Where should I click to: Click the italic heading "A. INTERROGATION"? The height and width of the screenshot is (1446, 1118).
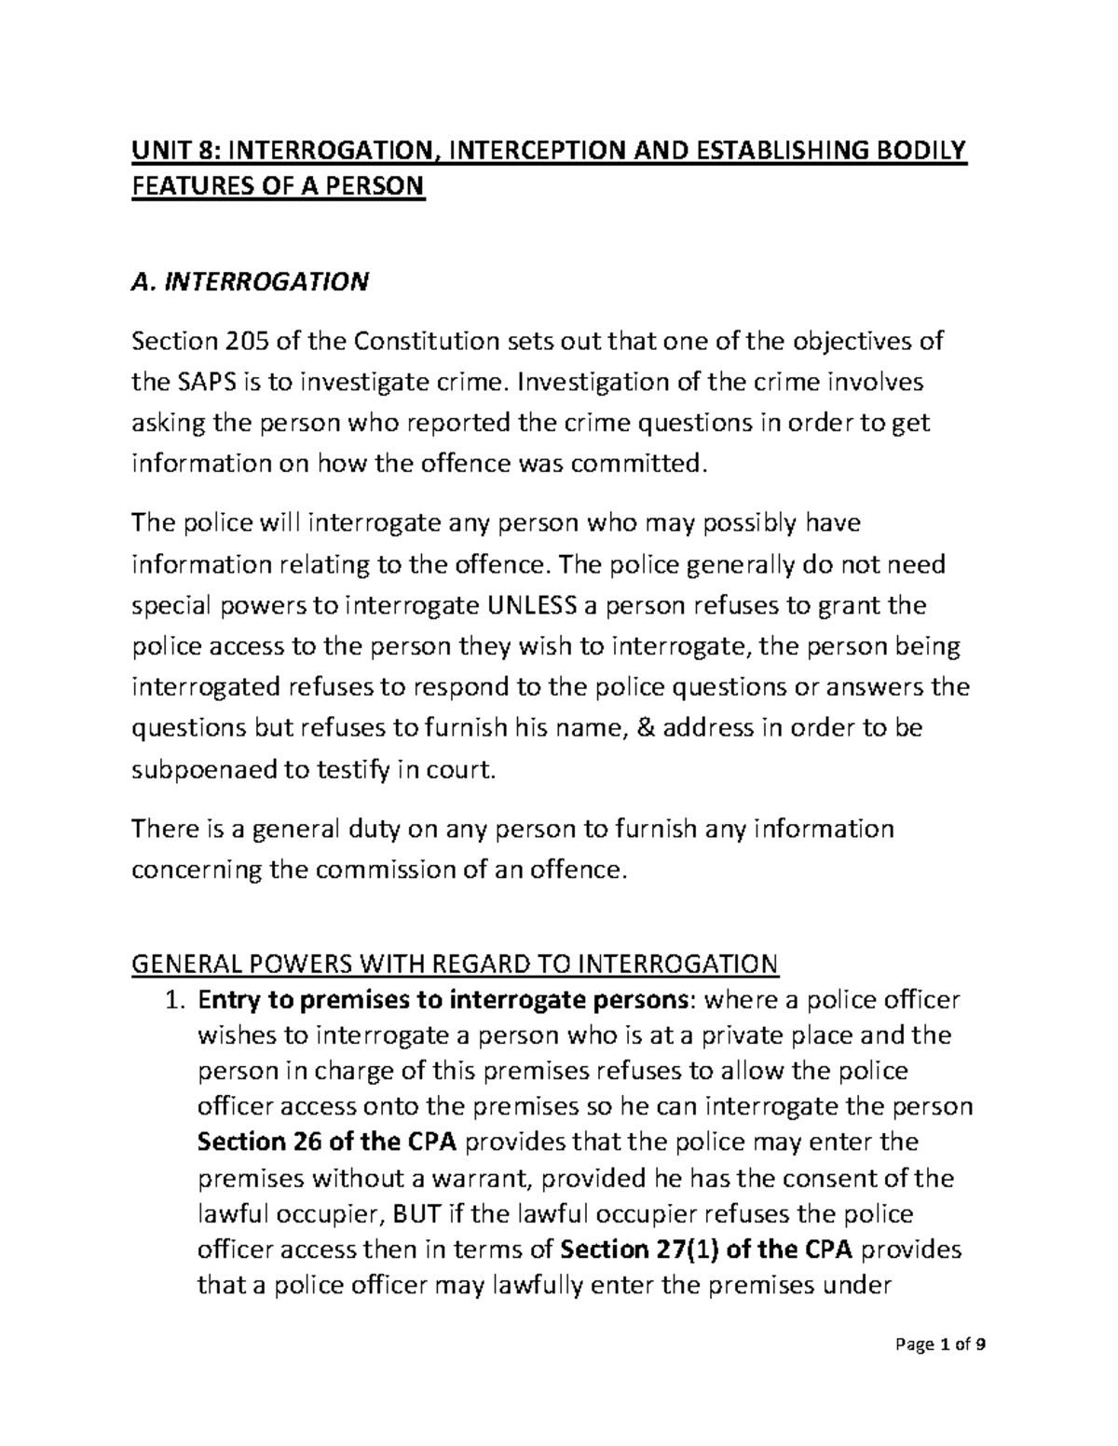(251, 281)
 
